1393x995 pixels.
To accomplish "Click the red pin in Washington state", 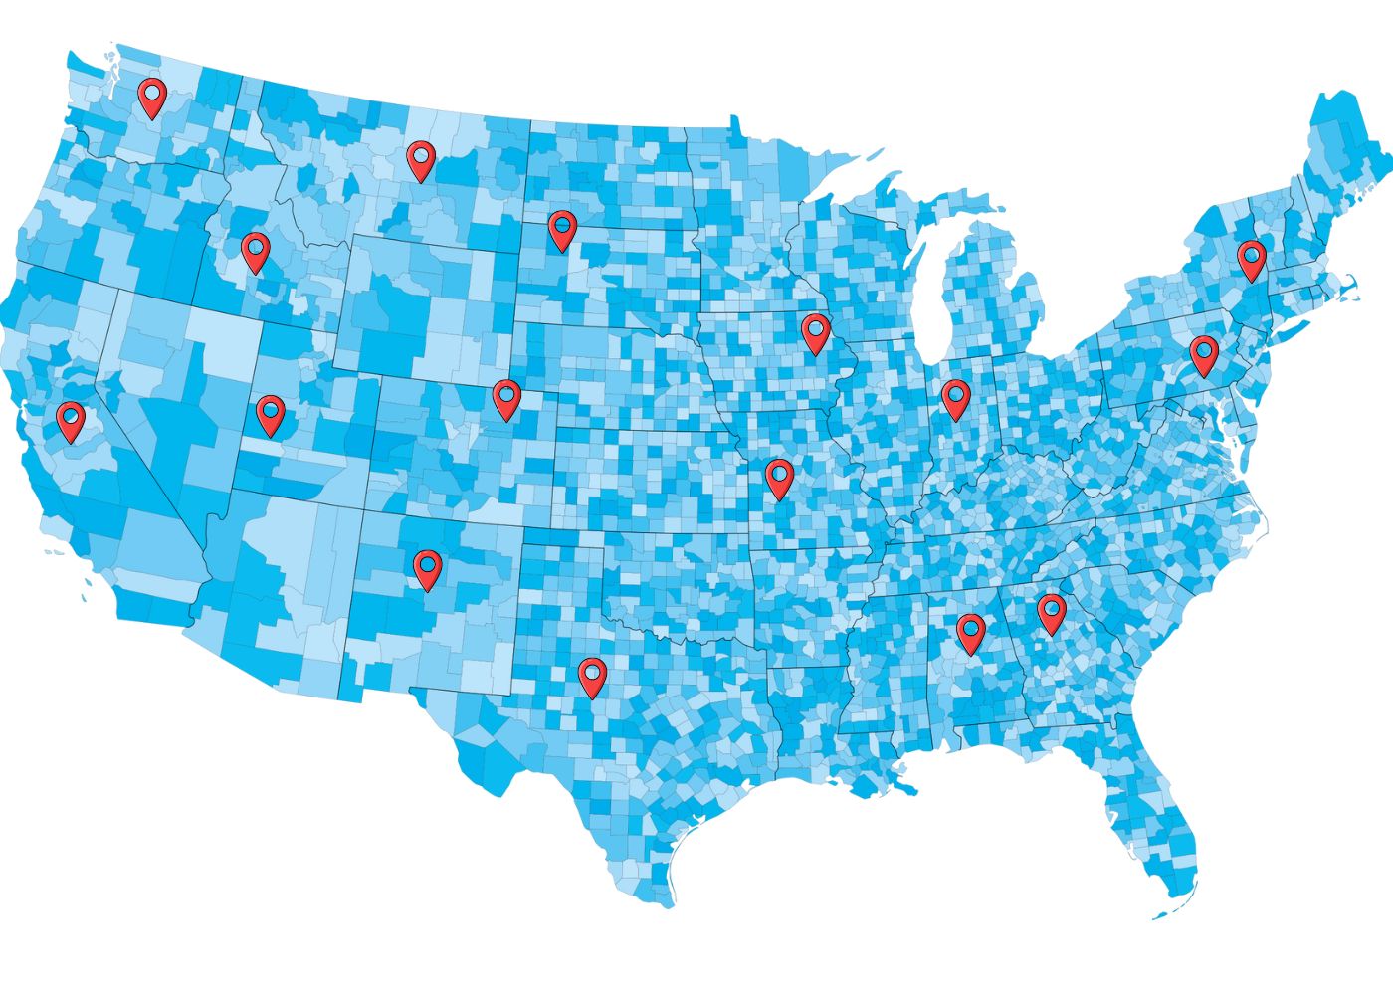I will coord(151,97).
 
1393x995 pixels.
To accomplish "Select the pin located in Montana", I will coord(421,158).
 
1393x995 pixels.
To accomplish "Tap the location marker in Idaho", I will coord(256,250).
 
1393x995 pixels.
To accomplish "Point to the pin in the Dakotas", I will coord(562,228).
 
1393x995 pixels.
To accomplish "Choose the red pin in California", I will coord(71,419).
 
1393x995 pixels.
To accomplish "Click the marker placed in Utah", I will coord(270,412).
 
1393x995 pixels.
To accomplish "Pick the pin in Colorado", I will coord(506,397).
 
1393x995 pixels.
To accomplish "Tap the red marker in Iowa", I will coord(815,331).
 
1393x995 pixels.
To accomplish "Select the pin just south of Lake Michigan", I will coord(955,397).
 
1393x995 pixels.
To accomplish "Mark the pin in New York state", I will coord(1251,257).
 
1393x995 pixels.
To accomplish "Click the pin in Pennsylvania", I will coord(1204,353).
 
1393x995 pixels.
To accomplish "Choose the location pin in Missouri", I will coord(779,477).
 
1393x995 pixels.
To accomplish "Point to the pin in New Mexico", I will coord(428,567).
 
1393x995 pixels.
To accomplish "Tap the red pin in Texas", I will coord(593,675).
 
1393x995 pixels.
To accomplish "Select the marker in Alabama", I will coord(970,631).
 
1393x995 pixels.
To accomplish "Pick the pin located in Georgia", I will coord(1051,611).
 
